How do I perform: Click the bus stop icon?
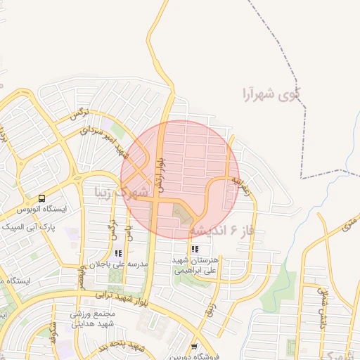(x=41, y=199)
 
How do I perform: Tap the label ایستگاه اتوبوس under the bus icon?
(x=41, y=210)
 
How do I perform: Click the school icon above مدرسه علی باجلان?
(x=118, y=253)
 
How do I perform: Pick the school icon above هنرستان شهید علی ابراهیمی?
(x=195, y=249)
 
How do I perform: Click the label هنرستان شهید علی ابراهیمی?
(x=196, y=264)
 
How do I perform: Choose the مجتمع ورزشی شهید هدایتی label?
(x=96, y=319)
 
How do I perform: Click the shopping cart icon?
(x=194, y=347)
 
